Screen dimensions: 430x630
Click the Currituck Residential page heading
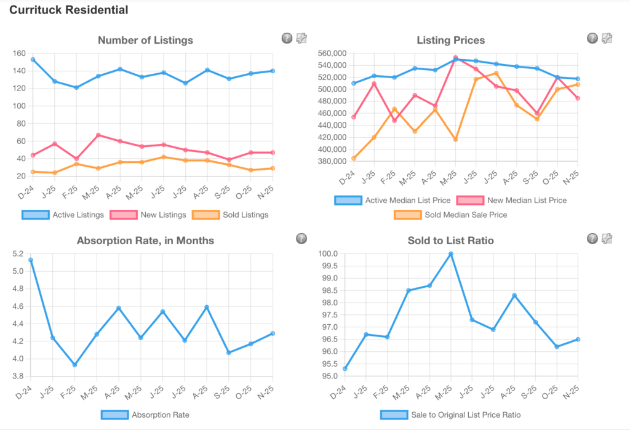(x=69, y=10)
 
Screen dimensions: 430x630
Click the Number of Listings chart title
(x=145, y=40)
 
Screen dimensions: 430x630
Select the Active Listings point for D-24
(x=33, y=60)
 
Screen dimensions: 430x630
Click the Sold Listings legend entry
(x=230, y=215)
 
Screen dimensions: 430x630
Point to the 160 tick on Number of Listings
(x=18, y=53)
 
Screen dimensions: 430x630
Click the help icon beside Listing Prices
(x=592, y=38)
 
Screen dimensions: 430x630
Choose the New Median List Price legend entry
(x=511, y=200)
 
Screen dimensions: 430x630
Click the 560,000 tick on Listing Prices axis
(x=330, y=54)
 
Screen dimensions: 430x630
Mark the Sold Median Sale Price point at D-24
(x=354, y=158)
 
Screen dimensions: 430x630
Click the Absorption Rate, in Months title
(x=145, y=241)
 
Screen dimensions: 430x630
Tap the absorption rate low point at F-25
(x=75, y=365)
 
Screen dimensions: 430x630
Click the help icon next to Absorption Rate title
(x=301, y=239)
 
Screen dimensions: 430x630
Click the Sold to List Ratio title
(x=450, y=241)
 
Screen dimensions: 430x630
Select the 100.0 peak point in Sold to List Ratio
(x=450, y=253)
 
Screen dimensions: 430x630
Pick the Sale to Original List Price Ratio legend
(x=450, y=415)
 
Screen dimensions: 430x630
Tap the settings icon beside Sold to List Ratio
(x=607, y=239)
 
